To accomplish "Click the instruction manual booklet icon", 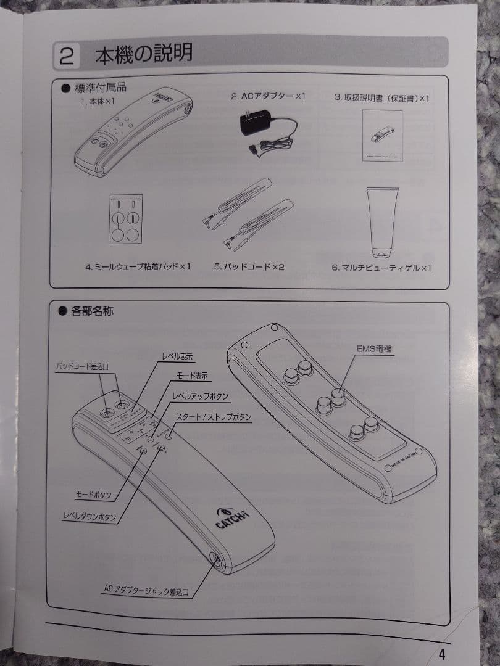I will point(382,135).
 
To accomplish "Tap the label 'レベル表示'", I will point(180,356).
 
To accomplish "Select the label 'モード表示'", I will point(192,376).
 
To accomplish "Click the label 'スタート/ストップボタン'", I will point(214,417).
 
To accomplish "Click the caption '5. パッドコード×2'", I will point(249,267).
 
